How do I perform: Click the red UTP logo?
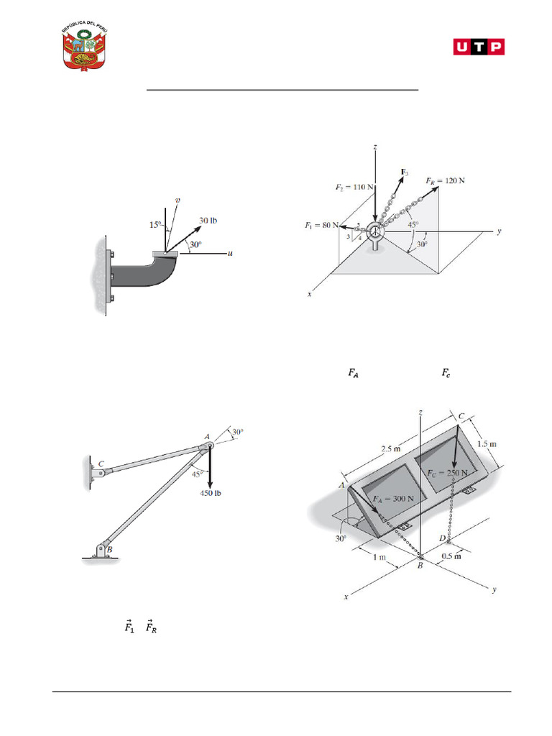[479, 47]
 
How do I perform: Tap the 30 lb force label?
[209, 220]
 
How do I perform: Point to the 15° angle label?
[155, 225]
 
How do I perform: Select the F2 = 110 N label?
[354, 187]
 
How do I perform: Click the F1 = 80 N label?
[321, 226]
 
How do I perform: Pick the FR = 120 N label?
[445, 180]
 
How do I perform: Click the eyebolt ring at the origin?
[375, 233]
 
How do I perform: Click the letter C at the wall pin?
[101, 464]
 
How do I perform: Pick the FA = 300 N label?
[394, 498]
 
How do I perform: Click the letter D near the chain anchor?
[443, 538]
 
